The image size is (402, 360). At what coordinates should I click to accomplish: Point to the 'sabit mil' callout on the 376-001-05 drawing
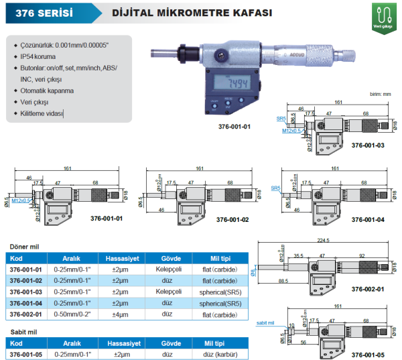click(266, 323)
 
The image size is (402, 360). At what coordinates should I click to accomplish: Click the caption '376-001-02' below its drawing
click(232, 219)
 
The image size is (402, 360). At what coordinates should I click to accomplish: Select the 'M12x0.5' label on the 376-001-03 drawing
click(291, 131)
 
